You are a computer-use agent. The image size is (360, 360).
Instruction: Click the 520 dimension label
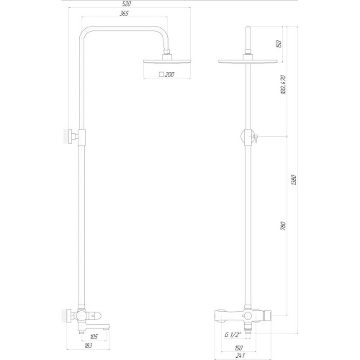126,4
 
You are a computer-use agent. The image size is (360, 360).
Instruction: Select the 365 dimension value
124,13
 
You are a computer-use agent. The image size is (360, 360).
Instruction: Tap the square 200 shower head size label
166,74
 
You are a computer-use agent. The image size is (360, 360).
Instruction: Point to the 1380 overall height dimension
294,180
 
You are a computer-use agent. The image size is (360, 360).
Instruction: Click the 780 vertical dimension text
283,226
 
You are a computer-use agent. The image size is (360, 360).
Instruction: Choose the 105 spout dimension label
94,337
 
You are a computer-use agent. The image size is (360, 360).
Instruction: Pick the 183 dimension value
88,346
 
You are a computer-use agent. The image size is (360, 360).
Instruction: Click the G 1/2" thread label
233,335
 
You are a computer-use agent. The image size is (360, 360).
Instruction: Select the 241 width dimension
240,356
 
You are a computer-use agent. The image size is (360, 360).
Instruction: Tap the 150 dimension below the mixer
238,348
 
